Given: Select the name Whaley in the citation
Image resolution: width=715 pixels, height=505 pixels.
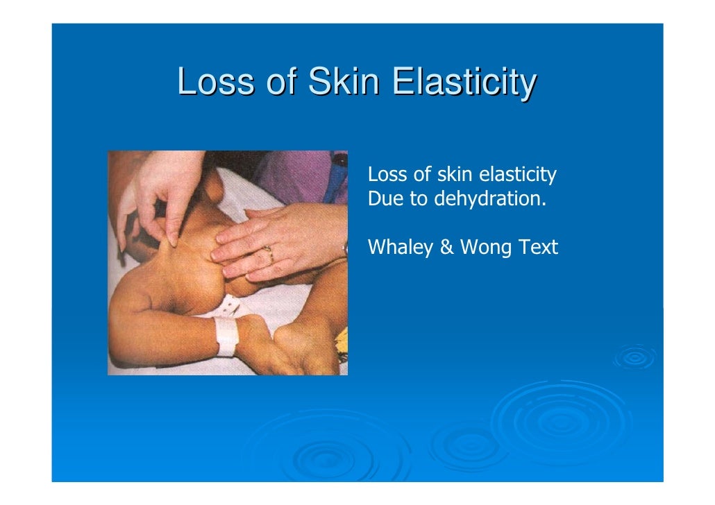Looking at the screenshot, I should click(x=401, y=248).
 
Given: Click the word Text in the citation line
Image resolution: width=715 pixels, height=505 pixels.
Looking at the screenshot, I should click(x=537, y=247).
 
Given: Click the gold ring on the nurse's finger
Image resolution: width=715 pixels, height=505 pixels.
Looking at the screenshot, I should click(x=268, y=254).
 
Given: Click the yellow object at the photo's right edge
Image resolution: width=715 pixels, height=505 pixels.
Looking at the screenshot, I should click(x=341, y=341).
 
